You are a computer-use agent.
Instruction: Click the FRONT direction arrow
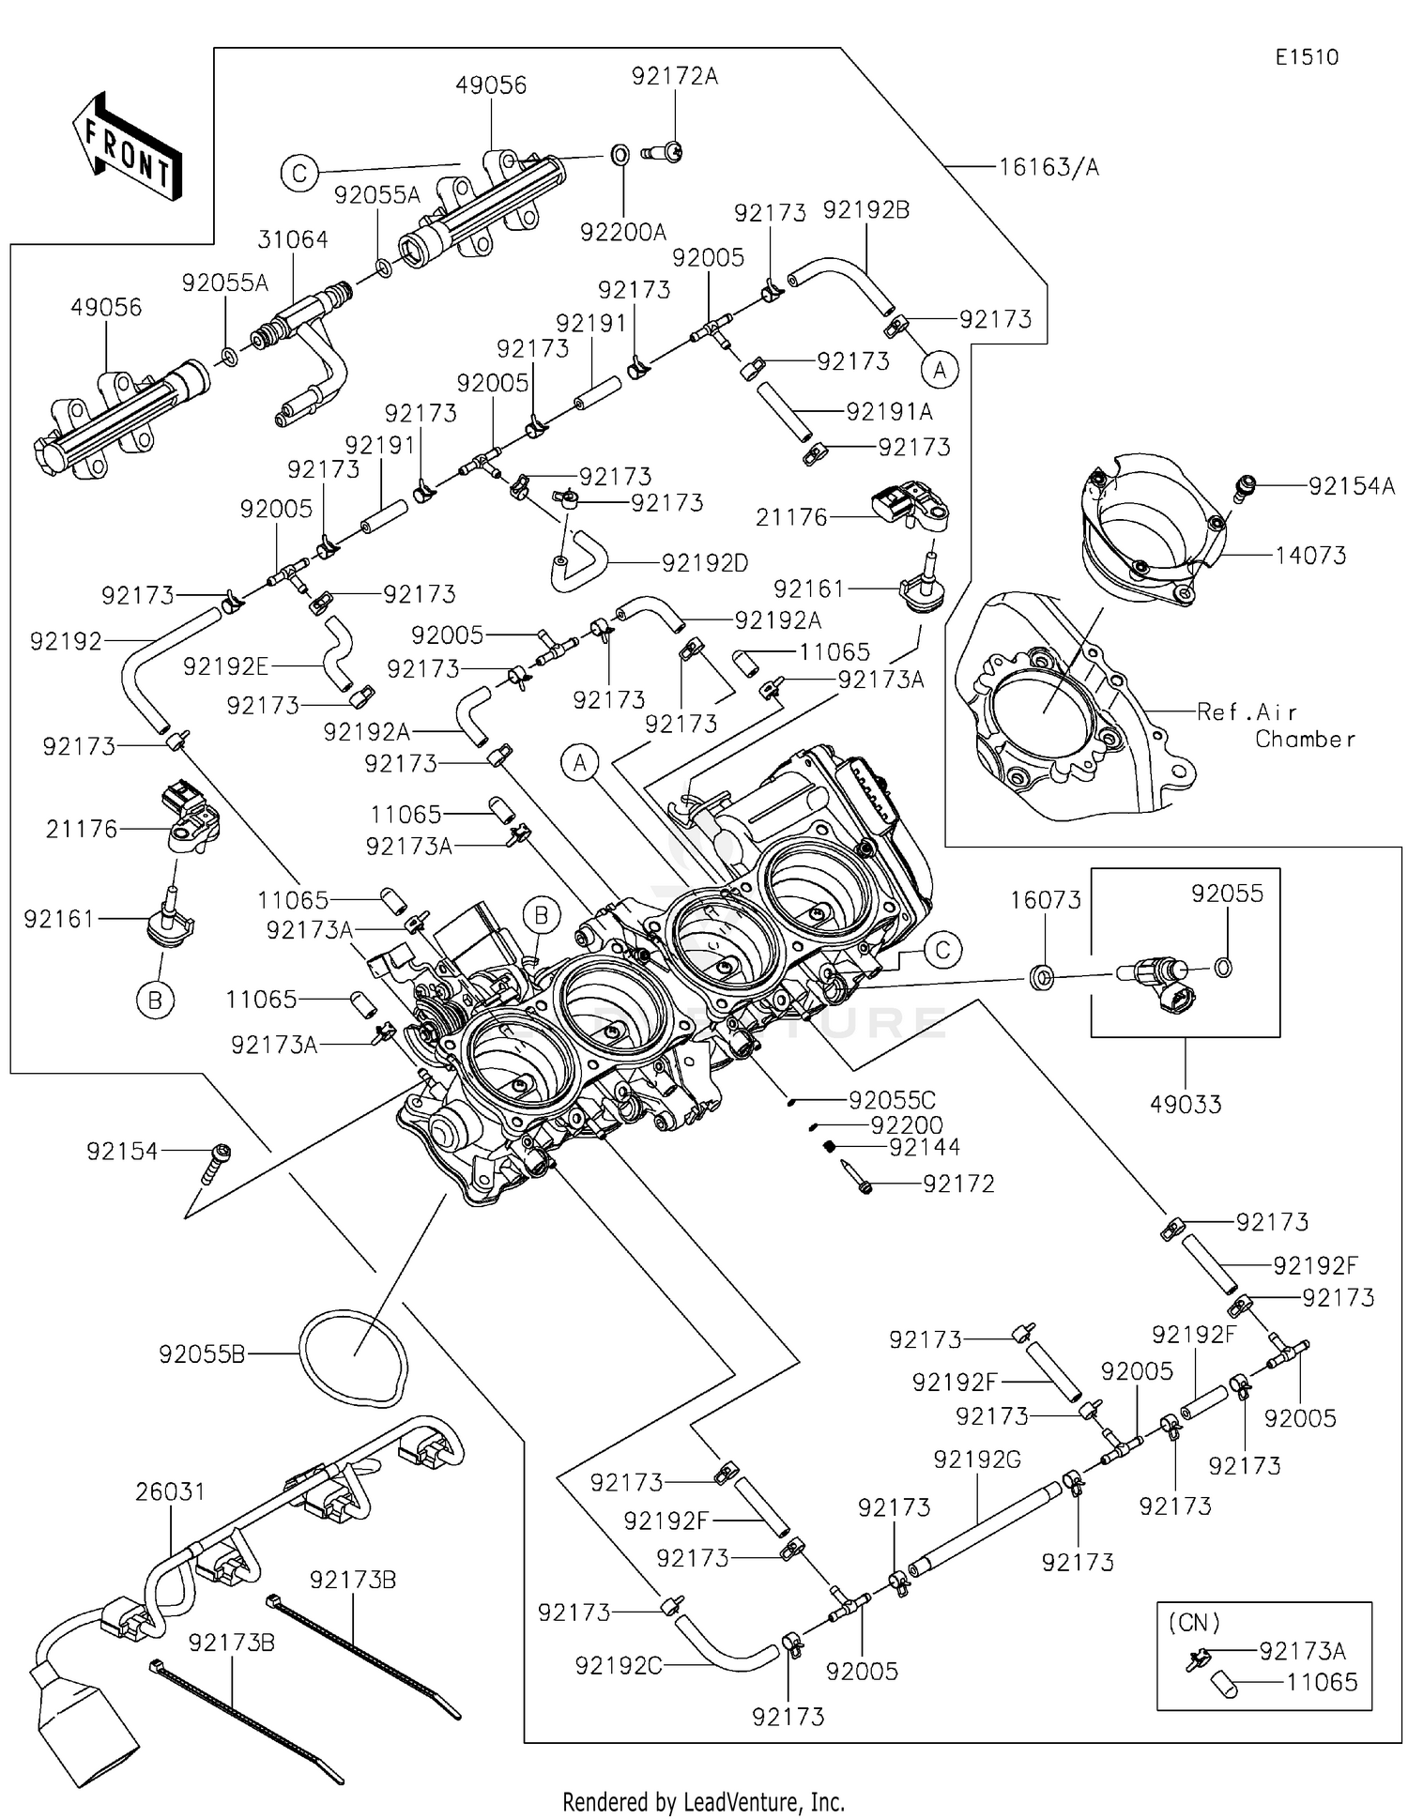[126, 145]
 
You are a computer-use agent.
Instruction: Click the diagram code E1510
[1307, 57]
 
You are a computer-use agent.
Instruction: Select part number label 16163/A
[1048, 167]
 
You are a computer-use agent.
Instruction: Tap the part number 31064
[293, 240]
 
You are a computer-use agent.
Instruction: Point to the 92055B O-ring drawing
[354, 1358]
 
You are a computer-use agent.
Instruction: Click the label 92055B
[202, 1354]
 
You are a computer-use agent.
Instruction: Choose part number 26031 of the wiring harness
[170, 1491]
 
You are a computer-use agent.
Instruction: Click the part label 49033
[1186, 1105]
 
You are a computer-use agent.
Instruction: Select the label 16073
[1046, 901]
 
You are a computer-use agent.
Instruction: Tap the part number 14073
[1310, 556]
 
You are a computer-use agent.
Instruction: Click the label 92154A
[1352, 486]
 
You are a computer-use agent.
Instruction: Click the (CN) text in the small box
[1194, 1623]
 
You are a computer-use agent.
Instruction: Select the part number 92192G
[977, 1460]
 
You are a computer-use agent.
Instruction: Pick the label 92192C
[619, 1666]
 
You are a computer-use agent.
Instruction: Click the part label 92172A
[674, 77]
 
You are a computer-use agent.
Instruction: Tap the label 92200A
[623, 233]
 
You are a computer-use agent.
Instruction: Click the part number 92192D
[705, 563]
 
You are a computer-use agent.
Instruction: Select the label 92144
[925, 1147]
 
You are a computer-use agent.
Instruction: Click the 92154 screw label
[122, 1152]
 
